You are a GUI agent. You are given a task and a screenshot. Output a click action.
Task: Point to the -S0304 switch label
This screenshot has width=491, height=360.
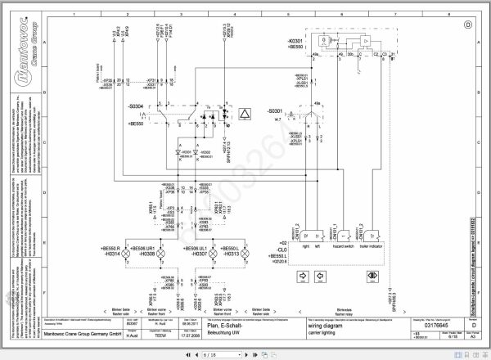pos(137,106)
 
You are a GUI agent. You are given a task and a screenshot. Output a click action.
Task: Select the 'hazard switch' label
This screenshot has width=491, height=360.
pos(342,246)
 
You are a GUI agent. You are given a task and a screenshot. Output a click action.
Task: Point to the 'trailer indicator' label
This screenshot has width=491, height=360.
pos(371,246)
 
